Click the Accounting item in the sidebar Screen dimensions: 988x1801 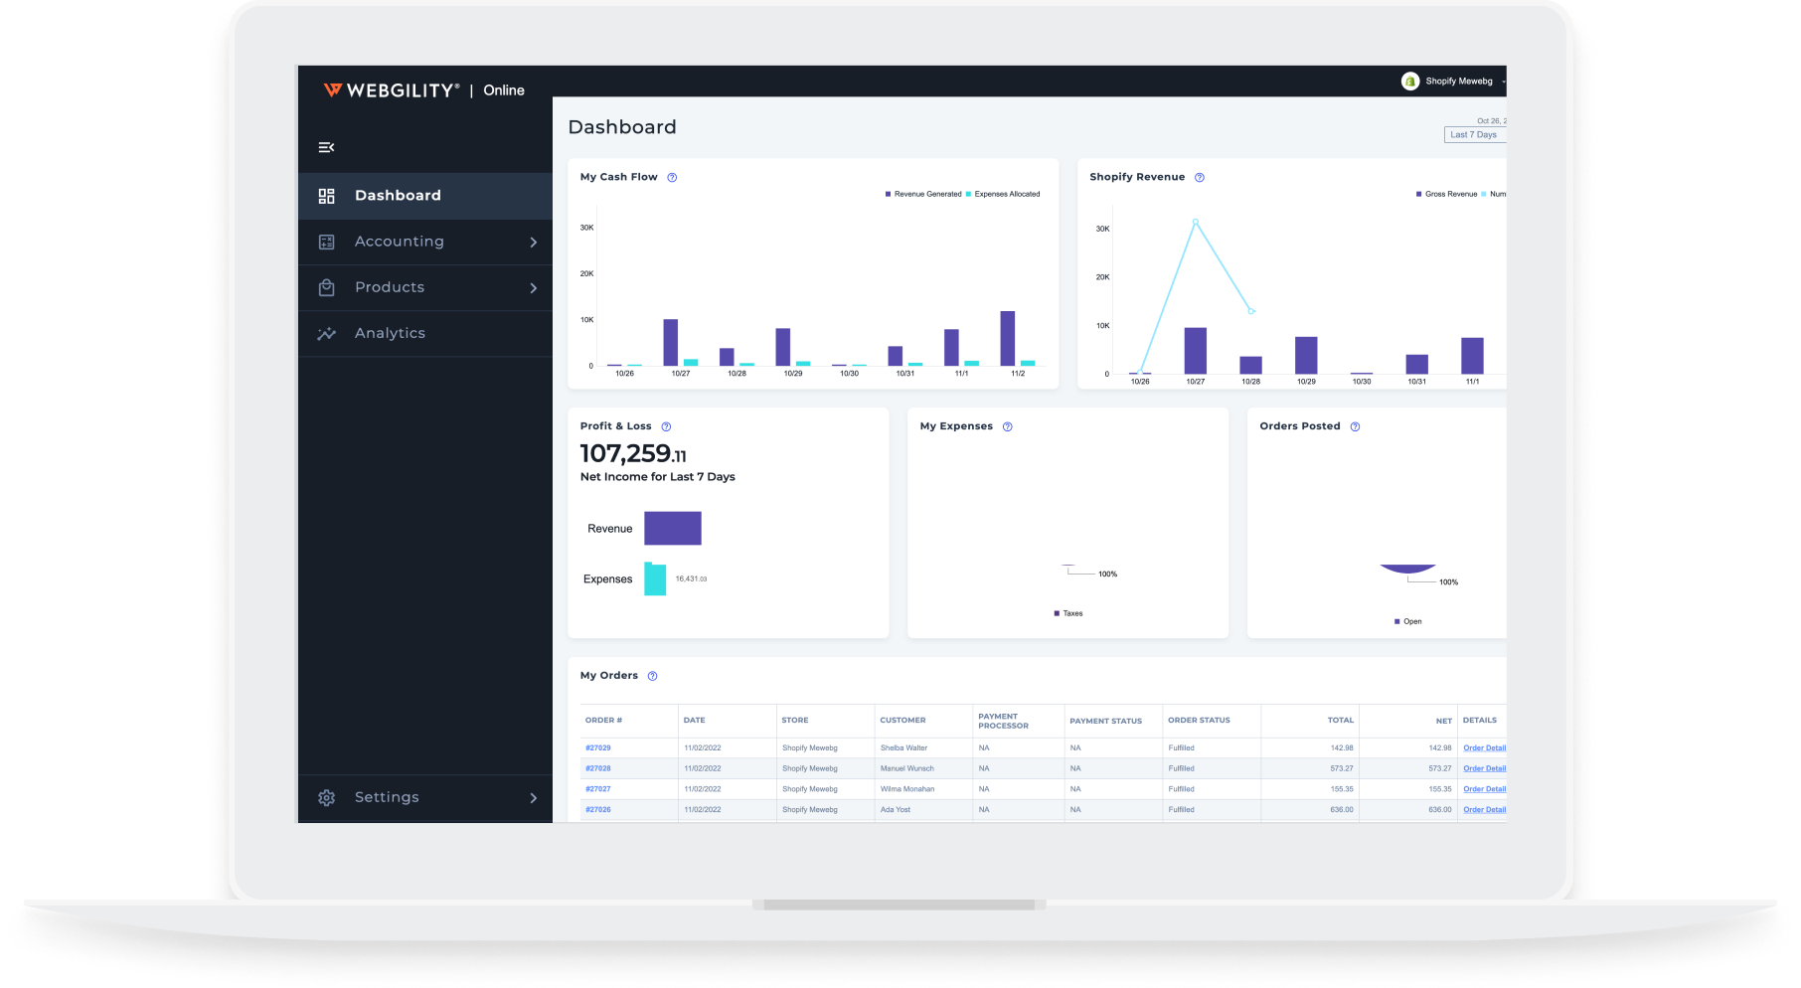tap(399, 242)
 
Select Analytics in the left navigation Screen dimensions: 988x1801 tap(390, 333)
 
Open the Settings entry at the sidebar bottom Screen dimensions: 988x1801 tap(387, 797)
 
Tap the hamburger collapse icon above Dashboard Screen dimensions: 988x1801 tap(326, 147)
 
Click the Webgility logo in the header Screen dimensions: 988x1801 tap(391, 90)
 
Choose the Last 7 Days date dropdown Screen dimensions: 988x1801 tap(1474, 135)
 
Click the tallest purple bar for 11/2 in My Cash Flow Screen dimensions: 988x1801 tap(1008, 338)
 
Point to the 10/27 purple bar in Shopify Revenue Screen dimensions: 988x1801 tap(1196, 351)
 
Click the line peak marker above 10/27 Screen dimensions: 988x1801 tap(1196, 222)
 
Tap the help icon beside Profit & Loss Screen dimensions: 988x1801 tap(666, 426)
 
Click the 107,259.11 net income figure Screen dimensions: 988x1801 tap(633, 454)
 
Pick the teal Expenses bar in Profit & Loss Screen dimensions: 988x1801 tap(655, 578)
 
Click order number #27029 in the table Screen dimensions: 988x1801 tap(598, 747)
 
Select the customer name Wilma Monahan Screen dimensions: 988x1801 tap(907, 789)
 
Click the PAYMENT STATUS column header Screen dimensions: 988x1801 tap(1105, 721)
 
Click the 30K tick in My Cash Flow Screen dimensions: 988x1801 tap(587, 228)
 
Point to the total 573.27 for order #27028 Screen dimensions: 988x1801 tap(1341, 768)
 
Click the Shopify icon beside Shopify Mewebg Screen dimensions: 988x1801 tap(1410, 82)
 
